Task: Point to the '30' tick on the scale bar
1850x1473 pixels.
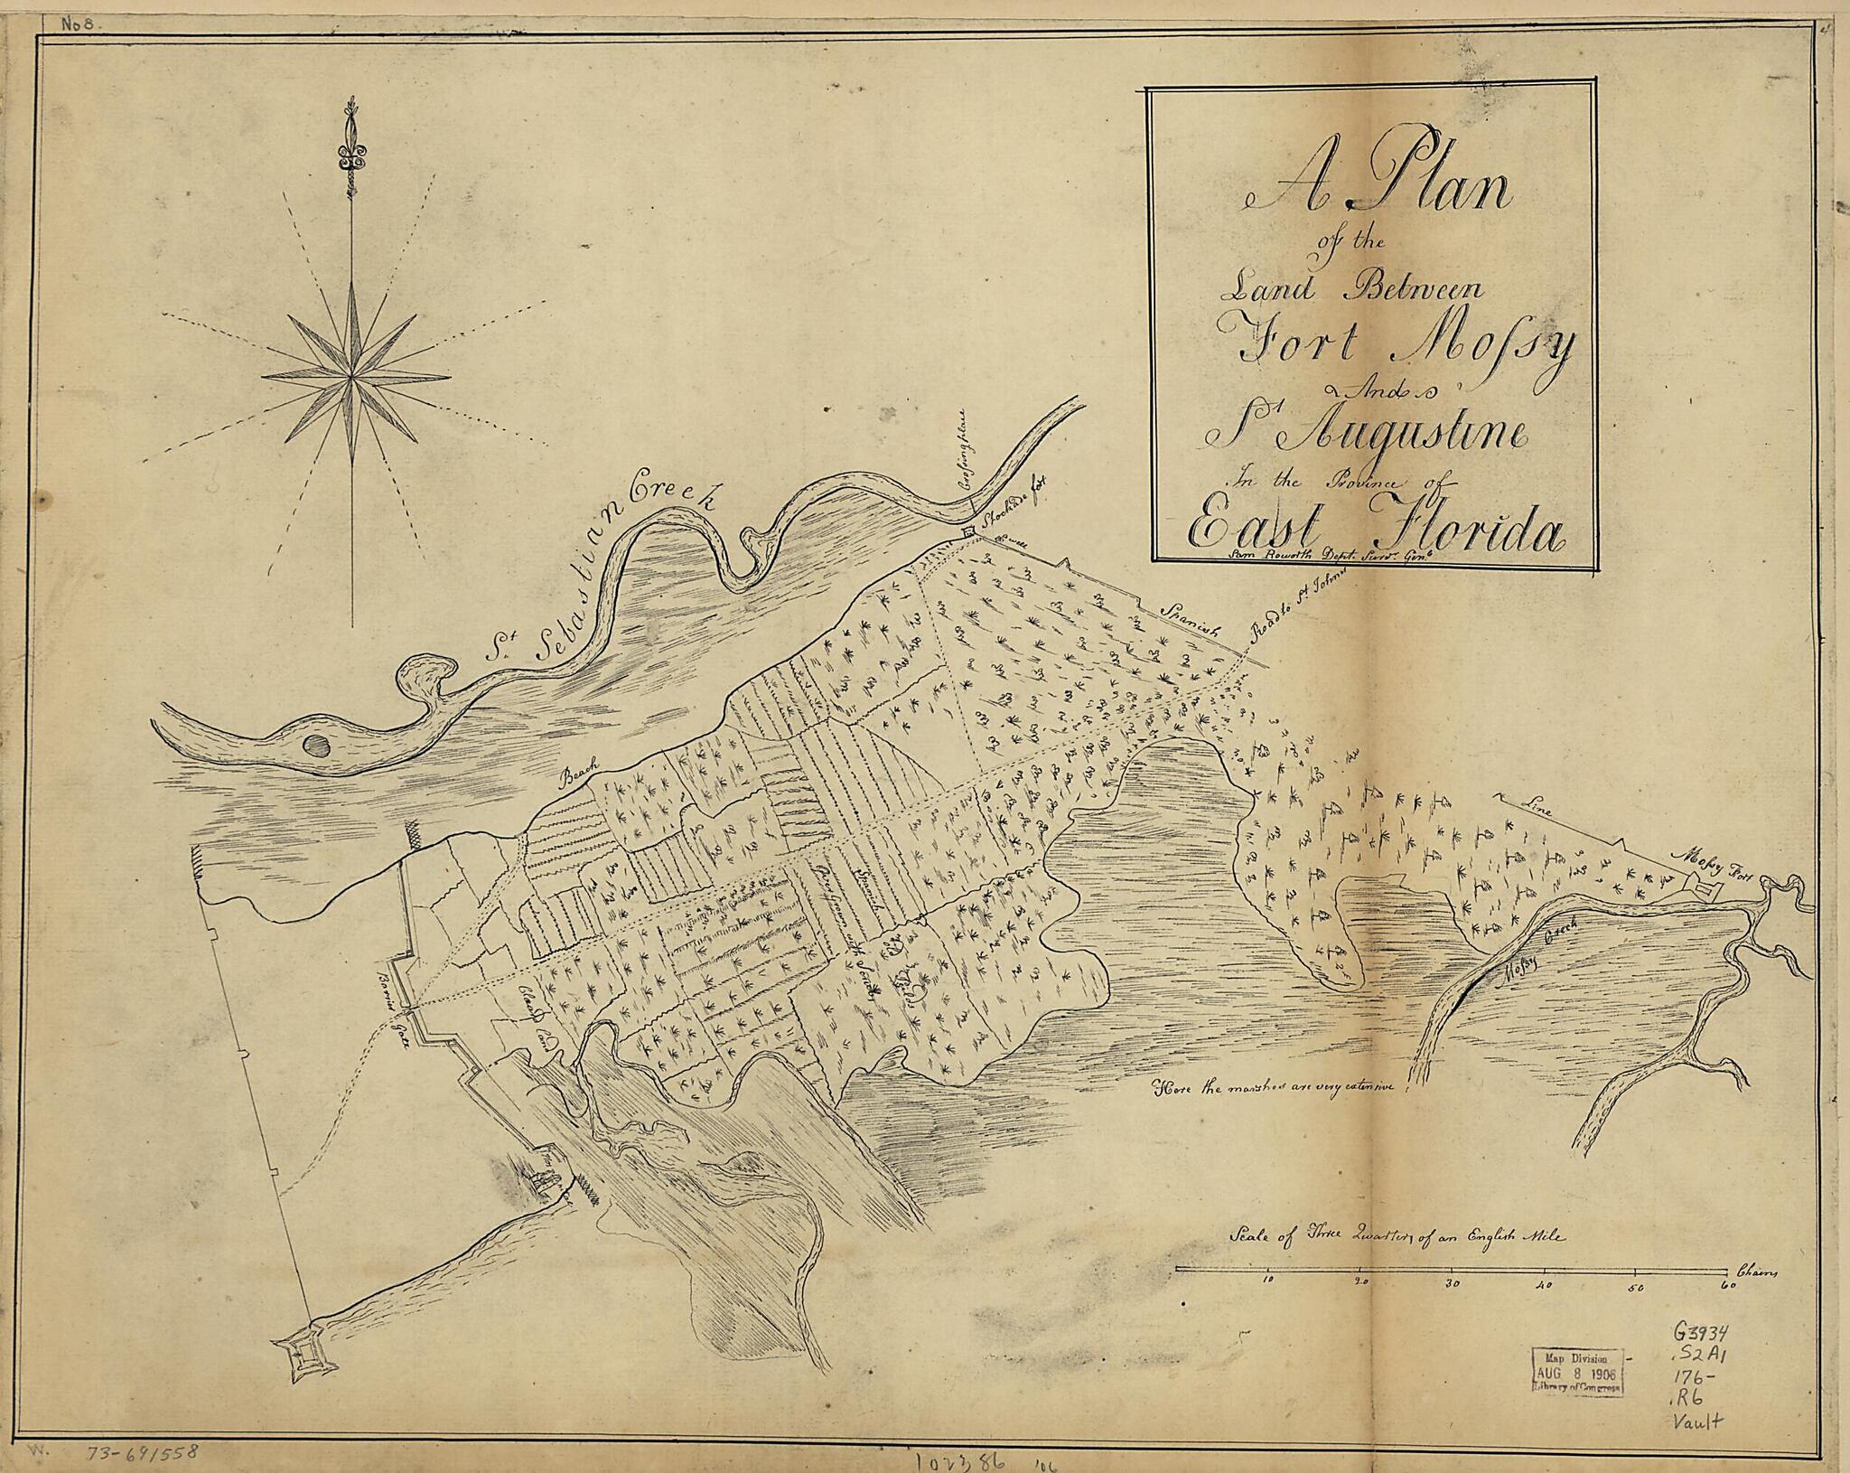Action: click(x=1453, y=1282)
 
